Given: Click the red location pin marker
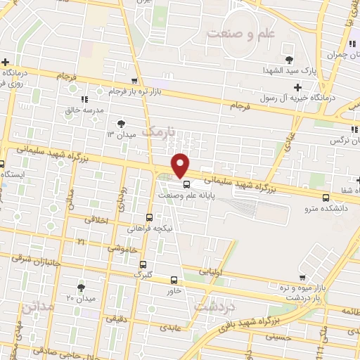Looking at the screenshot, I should coord(181,165).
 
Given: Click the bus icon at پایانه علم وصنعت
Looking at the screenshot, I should coord(186,184).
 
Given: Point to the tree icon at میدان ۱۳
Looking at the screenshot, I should coord(121,123).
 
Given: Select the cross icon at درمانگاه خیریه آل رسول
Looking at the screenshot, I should coord(297,87).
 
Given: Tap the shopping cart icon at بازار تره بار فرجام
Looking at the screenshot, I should coord(135,81).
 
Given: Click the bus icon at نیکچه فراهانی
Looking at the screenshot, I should coord(148,217).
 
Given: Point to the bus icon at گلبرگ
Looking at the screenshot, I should coord(143,265).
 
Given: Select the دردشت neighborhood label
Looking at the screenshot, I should coord(215,307).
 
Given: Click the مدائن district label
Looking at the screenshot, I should coord(37,307).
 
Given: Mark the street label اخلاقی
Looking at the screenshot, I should coord(97,219).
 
